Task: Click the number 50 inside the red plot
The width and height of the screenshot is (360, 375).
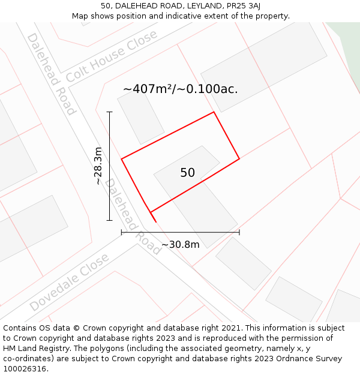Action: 187,173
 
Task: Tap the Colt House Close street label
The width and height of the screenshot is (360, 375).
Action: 112,56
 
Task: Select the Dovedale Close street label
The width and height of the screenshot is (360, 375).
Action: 69,282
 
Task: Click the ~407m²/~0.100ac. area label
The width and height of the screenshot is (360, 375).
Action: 180,89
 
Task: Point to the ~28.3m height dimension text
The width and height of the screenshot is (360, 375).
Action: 98,166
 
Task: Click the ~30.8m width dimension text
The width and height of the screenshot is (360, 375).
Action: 180,245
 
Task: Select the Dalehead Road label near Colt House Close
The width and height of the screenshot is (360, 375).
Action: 52,73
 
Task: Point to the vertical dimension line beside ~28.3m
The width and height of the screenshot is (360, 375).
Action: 109,166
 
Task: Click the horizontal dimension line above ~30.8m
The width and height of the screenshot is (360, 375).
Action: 180,232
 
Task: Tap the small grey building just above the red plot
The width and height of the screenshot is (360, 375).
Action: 140,117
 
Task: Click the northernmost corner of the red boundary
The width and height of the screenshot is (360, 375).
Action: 214,112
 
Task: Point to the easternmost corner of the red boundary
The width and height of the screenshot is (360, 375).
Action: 239,158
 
